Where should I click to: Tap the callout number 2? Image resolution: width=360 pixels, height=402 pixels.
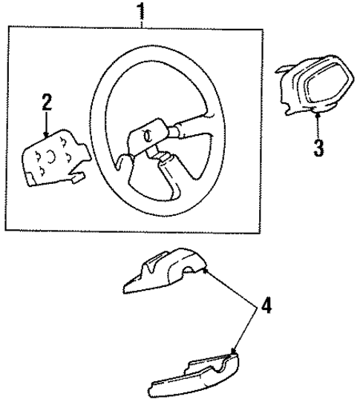point(47,102)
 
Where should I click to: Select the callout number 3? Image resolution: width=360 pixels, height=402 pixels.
point(318,147)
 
